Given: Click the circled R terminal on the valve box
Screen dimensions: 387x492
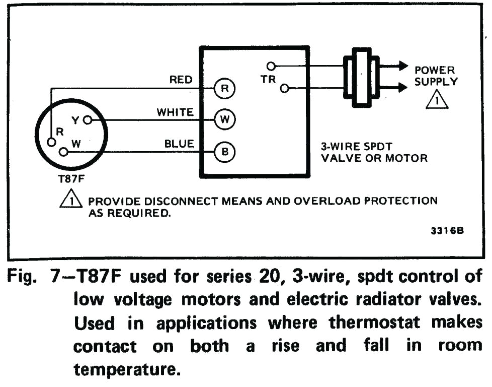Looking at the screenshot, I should pos(224,89).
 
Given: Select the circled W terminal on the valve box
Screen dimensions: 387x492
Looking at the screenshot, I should pos(224,120).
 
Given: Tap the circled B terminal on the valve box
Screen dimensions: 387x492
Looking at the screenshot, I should pos(224,151).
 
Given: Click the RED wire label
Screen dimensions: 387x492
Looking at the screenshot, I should pos(181,80).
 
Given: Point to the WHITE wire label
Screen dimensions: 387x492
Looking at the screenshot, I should pos(175,112).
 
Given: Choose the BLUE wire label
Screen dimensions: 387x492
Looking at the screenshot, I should pos(179,144).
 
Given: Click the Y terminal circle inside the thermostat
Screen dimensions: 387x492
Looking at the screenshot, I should pos(88,120).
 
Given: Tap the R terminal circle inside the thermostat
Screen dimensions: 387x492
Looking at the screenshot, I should pos(51,142).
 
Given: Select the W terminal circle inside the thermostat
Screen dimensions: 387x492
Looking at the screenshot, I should pos(63,151).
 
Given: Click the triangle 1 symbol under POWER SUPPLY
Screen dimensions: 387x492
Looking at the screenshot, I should pos(437,100).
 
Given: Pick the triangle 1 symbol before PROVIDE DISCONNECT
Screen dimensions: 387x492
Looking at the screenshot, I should pos(71,202).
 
